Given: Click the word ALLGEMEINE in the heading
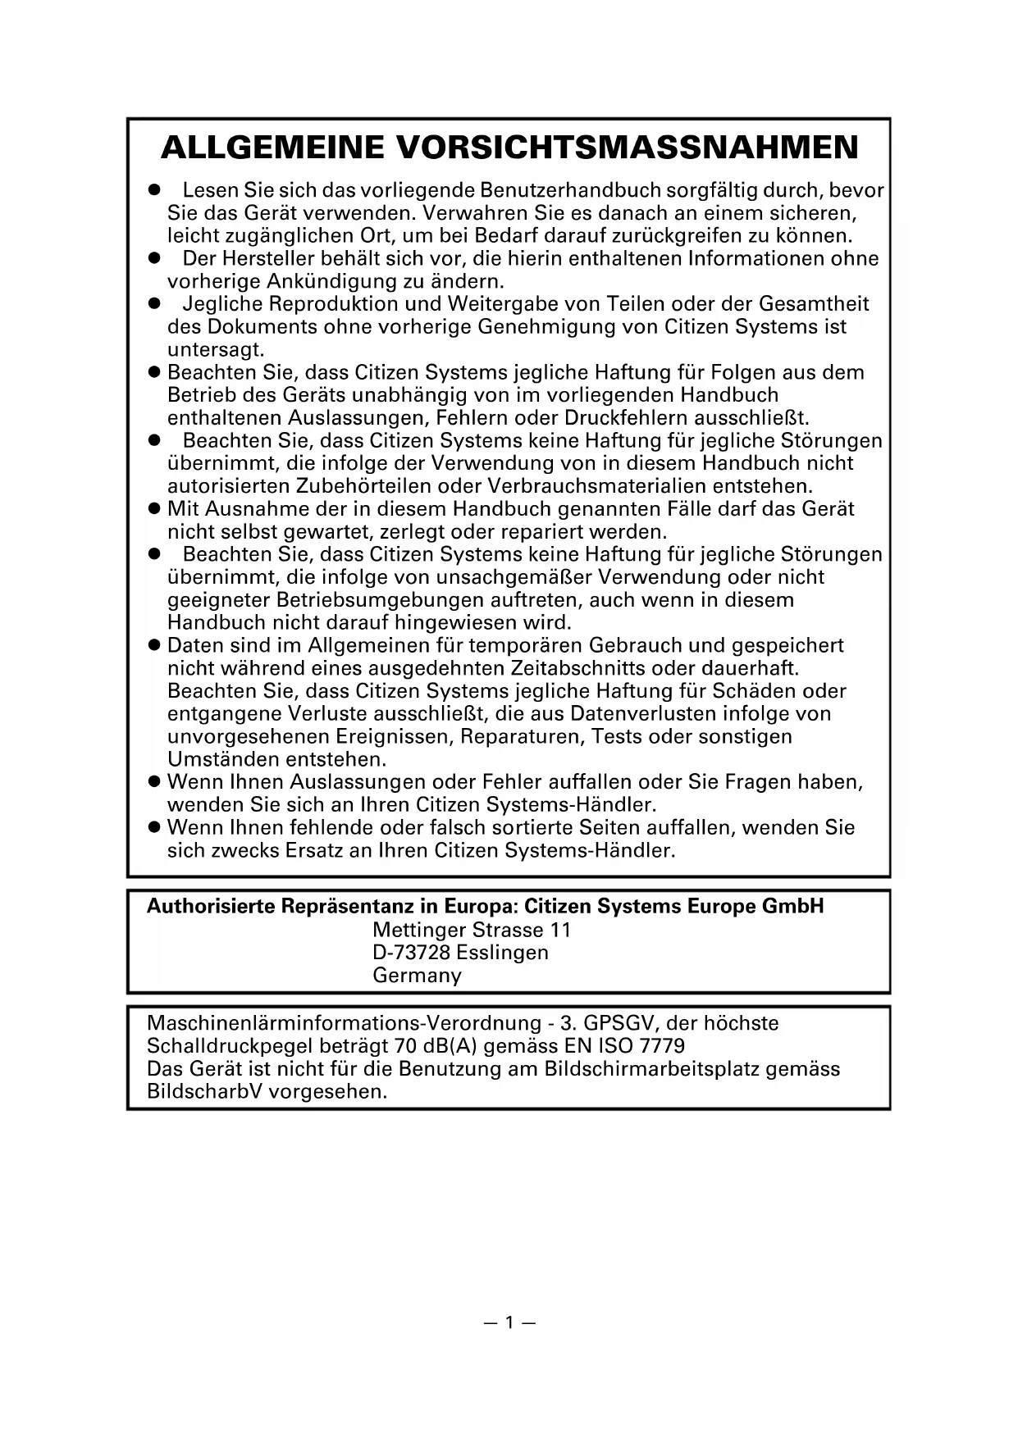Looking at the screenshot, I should pyautogui.click(x=272, y=148).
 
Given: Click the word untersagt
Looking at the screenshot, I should pyautogui.click(x=216, y=350).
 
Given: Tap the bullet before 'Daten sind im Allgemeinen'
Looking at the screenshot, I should pyautogui.click(x=153, y=646).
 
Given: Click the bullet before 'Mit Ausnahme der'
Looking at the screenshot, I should pyautogui.click(x=153, y=509).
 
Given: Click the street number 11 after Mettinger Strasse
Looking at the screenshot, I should pyautogui.click(x=561, y=931).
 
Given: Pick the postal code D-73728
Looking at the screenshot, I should pyautogui.click(x=411, y=953).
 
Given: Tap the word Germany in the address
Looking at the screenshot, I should pyautogui.click(x=417, y=976).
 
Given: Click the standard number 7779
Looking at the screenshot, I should pyautogui.click(x=661, y=1047).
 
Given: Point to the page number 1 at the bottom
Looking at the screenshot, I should pyautogui.click(x=509, y=1322).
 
